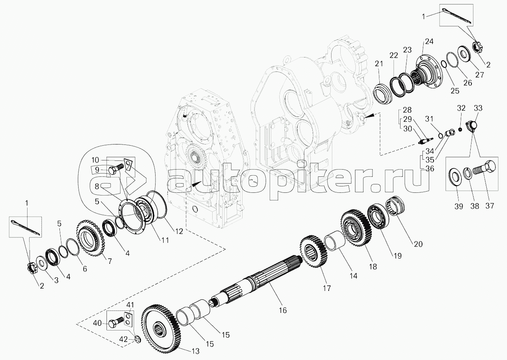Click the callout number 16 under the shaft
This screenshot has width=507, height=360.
[x=283, y=310]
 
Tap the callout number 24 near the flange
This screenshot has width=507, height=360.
[x=429, y=42]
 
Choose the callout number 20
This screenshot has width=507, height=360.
[x=418, y=244]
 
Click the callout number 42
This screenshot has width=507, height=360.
[x=123, y=346]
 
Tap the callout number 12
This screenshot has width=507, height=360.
[x=179, y=231]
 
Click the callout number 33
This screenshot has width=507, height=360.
[x=478, y=108]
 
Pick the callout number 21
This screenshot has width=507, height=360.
[x=379, y=64]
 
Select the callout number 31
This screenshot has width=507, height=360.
[x=429, y=119]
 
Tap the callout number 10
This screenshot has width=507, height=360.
[x=95, y=160]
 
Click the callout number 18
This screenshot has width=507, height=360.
[x=373, y=267]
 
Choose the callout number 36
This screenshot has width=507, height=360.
[x=430, y=169]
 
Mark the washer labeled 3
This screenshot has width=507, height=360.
[x=41, y=263]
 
